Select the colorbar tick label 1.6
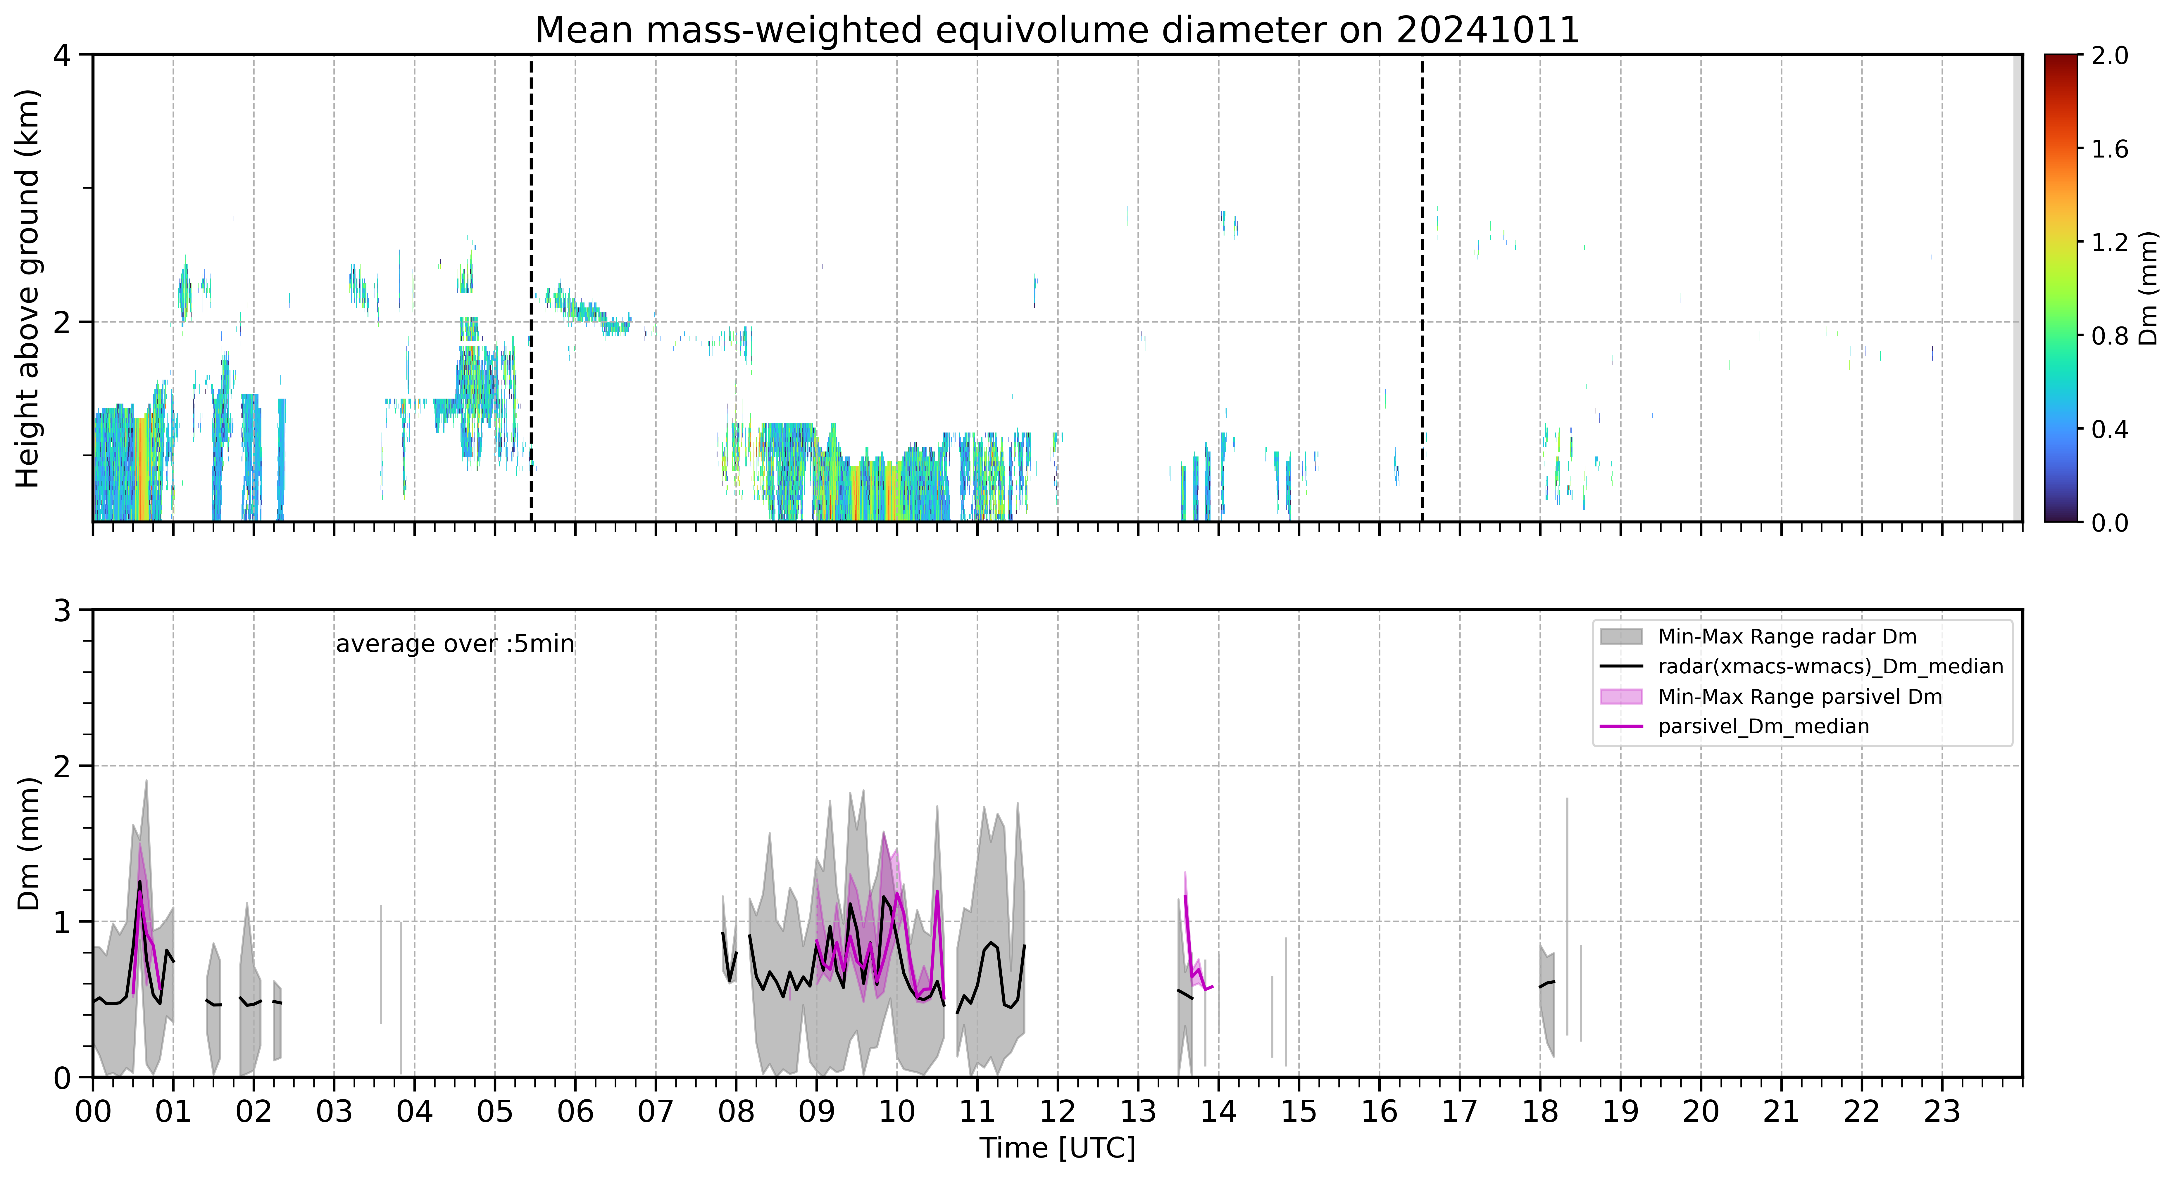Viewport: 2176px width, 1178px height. point(2109,149)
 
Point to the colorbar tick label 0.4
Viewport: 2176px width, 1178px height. point(2109,430)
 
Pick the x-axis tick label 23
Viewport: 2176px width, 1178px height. point(1942,1111)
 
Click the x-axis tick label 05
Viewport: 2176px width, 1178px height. point(495,1111)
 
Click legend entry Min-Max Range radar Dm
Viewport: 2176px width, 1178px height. point(1787,637)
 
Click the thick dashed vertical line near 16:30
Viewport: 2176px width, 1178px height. point(1422,288)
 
